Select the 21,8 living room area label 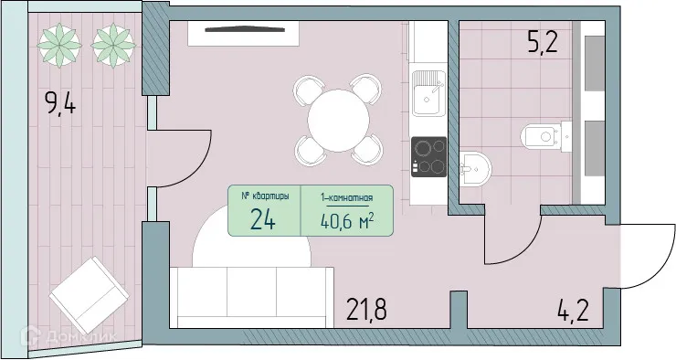click(365, 310)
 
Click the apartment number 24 click(265, 218)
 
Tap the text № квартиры click(265, 196)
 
